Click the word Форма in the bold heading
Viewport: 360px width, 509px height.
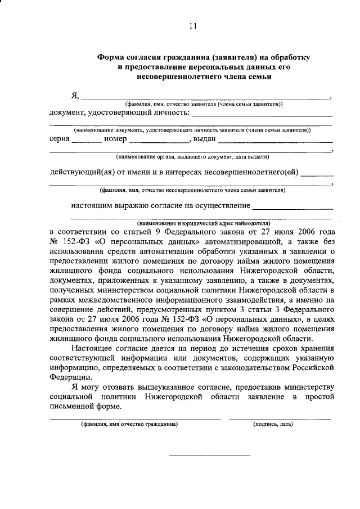coord(112,57)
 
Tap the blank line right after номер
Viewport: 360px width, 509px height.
coord(157,140)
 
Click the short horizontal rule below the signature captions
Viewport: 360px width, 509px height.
coord(209,456)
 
